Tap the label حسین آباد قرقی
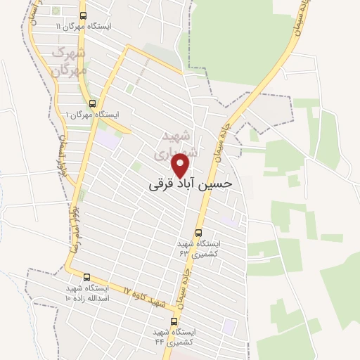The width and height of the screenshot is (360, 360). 191,181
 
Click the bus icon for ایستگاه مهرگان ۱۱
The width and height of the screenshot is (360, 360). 84,15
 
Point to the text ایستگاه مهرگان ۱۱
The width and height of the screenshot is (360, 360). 86,27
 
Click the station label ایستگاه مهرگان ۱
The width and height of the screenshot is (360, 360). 93,114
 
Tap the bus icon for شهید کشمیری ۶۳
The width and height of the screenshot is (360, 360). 198,232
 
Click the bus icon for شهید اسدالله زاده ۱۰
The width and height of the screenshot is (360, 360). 87,277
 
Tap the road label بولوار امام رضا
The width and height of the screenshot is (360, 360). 74,229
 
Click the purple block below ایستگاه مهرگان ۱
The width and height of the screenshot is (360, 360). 107,139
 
